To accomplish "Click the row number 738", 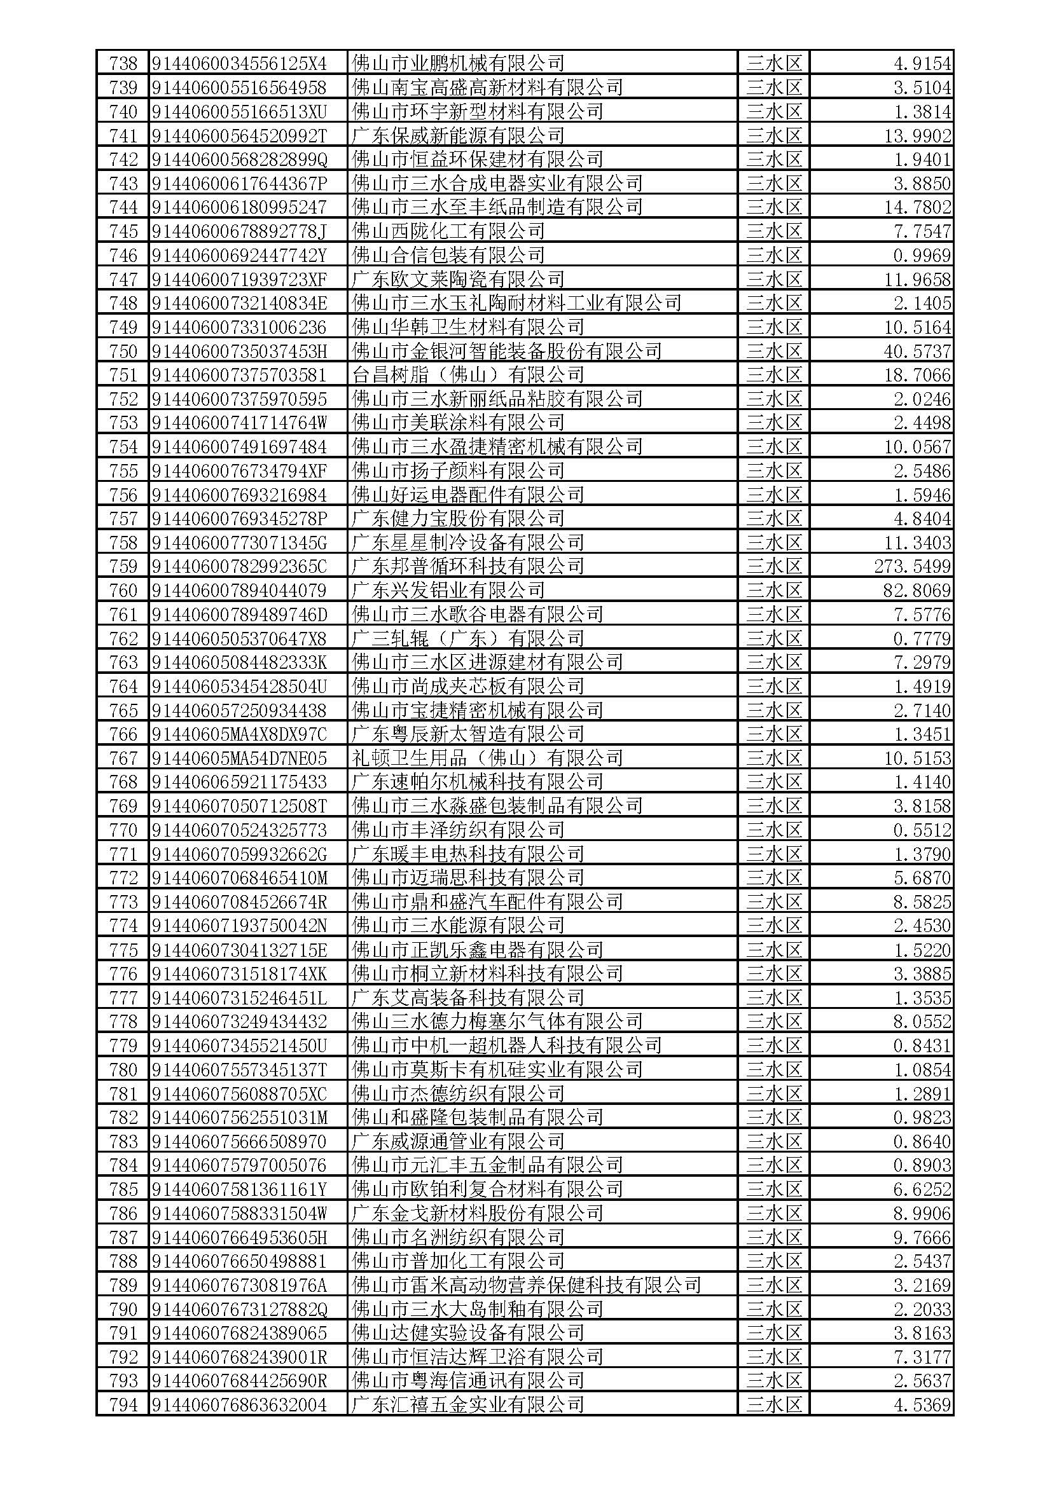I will click(x=123, y=64).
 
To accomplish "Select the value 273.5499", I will click(x=912, y=566).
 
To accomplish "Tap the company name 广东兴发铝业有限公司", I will click(x=448, y=591).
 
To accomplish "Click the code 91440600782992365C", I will click(x=239, y=566).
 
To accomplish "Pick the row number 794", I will click(x=123, y=1405).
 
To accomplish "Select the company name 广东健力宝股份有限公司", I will click(x=458, y=519).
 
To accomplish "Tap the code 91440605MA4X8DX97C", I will click(x=239, y=734).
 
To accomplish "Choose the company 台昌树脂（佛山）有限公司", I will click(x=467, y=375).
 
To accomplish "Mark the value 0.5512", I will click(x=922, y=830).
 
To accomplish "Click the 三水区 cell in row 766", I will click(x=773, y=734).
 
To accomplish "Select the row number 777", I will click(x=123, y=998).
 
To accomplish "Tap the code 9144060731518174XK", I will click(x=239, y=974).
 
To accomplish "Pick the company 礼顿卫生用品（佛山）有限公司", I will click(x=487, y=758).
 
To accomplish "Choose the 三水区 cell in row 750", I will click(x=773, y=351).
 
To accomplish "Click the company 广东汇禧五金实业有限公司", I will click(x=467, y=1405).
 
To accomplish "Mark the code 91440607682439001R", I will click(x=239, y=1357).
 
